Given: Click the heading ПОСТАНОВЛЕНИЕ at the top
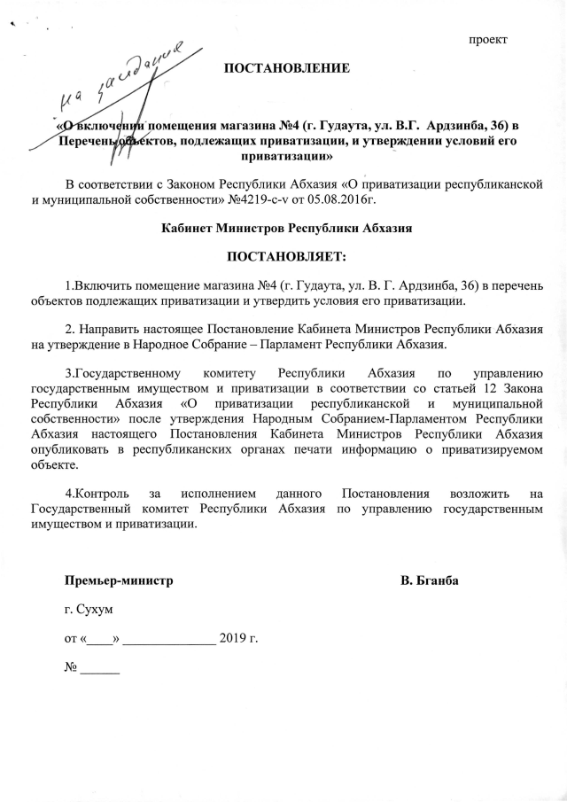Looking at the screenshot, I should coord(286,68).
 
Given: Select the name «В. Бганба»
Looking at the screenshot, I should coord(429,581).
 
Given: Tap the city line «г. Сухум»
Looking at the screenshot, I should coord(88,610).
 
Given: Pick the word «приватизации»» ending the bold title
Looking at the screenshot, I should coord(285,156).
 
